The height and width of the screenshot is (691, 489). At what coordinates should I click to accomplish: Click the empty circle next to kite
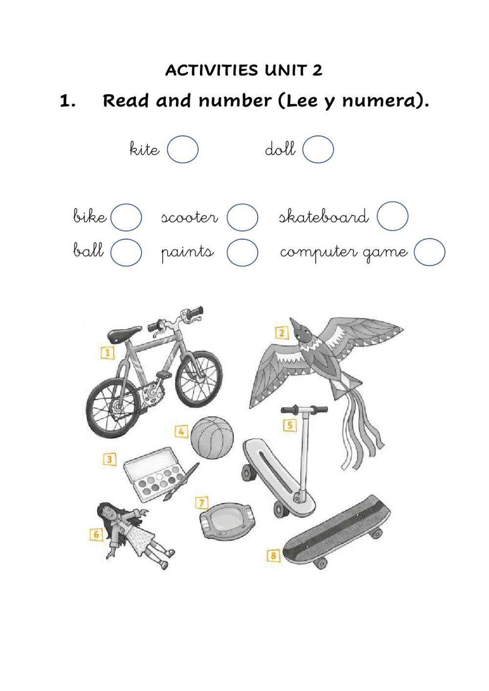coord(182,149)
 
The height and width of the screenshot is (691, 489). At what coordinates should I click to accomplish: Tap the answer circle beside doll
coord(318,149)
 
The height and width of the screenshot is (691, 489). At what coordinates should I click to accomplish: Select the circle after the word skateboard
coord(392,216)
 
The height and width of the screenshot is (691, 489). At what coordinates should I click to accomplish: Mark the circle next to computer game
coord(429,252)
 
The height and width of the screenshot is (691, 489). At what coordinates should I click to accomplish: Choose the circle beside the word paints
coord(243,252)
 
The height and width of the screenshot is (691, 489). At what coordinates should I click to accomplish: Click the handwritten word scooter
coord(189,217)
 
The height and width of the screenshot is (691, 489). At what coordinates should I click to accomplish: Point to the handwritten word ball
coord(89,250)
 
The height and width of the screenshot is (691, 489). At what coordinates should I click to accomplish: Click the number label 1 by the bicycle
coord(107,353)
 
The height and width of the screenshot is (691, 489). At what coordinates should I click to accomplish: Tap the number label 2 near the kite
coord(282,334)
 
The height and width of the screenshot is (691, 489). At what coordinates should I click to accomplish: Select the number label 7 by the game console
coord(201,503)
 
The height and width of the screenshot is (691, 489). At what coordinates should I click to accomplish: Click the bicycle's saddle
coord(121,334)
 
